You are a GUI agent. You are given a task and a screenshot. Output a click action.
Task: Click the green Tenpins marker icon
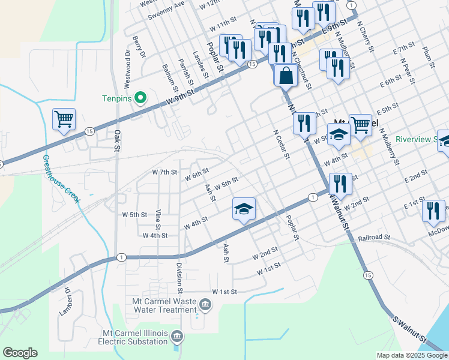(x=140, y=97)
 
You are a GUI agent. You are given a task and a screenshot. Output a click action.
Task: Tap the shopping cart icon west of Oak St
(x=64, y=118)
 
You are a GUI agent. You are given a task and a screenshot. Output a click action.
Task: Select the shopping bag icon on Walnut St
(x=285, y=76)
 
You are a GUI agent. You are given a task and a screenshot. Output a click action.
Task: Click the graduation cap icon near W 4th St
(x=244, y=209)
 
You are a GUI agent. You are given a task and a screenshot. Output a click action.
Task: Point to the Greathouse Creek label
(x=61, y=179)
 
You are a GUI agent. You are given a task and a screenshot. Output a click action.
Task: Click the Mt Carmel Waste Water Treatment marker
(x=205, y=305)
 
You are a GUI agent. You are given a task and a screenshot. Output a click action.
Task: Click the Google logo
(x=20, y=353)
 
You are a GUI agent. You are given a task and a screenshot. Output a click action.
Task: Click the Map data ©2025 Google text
(x=411, y=355)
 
